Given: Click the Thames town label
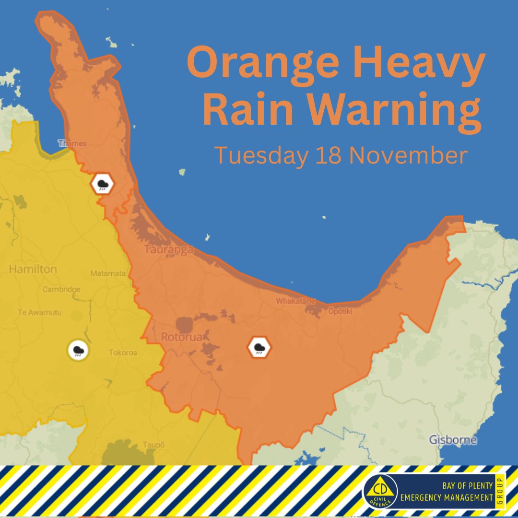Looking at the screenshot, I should click(72, 143).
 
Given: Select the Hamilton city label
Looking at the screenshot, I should click(33, 270).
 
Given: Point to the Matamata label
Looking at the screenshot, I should click(108, 273).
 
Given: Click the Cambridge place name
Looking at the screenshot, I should click(61, 289).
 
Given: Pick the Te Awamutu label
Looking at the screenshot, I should click(39, 312).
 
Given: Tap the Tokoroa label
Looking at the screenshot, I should click(123, 353).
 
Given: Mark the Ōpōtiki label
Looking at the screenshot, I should click(340, 311).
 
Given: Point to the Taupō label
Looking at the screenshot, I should click(153, 445).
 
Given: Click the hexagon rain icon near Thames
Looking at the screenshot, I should click(103, 183).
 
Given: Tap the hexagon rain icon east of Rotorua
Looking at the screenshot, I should click(259, 347).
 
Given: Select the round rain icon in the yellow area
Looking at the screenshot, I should click(78, 350).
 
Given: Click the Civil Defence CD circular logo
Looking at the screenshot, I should click(380, 492).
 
